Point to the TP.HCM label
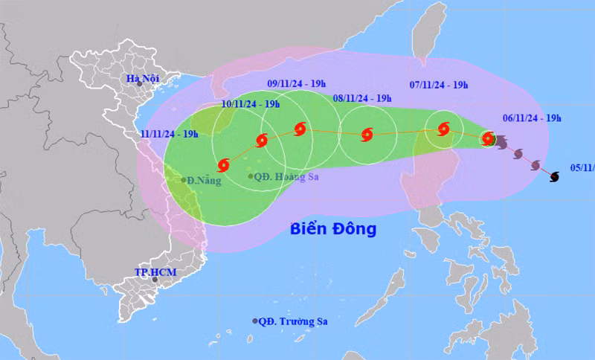pos(155,272)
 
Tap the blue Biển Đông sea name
pos(332,228)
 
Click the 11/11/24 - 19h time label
pos(169,134)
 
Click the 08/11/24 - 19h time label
pos(362,98)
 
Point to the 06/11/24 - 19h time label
pos(531,118)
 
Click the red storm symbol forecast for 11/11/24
pos(224,165)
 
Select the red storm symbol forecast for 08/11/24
pos(367,135)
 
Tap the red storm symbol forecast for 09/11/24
pos(300,129)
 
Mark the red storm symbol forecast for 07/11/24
pos(443,129)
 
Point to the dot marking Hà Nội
pos(139,86)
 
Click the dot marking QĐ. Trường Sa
pos(255,321)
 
